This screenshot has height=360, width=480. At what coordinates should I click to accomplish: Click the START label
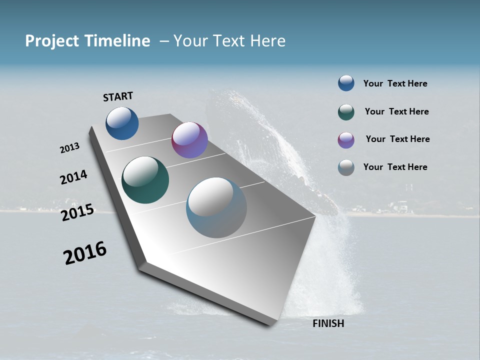118,96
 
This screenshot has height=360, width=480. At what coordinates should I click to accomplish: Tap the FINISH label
328,323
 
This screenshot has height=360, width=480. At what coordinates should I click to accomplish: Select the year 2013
69,148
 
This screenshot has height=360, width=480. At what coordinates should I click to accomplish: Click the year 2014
73,177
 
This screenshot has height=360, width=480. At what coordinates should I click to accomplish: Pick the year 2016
85,253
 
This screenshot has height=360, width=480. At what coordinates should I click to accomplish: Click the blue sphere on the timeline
122,123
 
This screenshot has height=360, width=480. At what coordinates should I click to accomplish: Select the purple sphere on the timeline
189,140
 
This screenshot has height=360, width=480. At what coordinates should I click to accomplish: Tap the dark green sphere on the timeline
145,180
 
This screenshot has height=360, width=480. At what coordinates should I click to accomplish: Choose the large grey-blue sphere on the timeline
216,207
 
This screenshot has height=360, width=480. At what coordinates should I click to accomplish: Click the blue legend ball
346,83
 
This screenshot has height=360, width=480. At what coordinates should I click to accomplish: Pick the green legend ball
346,112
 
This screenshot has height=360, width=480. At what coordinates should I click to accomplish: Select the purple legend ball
346,140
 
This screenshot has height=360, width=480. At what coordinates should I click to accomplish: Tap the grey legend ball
346,167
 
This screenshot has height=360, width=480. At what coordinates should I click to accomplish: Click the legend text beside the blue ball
395,84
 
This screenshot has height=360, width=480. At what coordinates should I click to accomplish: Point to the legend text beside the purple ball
397,139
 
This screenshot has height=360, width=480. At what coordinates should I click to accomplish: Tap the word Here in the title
268,41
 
